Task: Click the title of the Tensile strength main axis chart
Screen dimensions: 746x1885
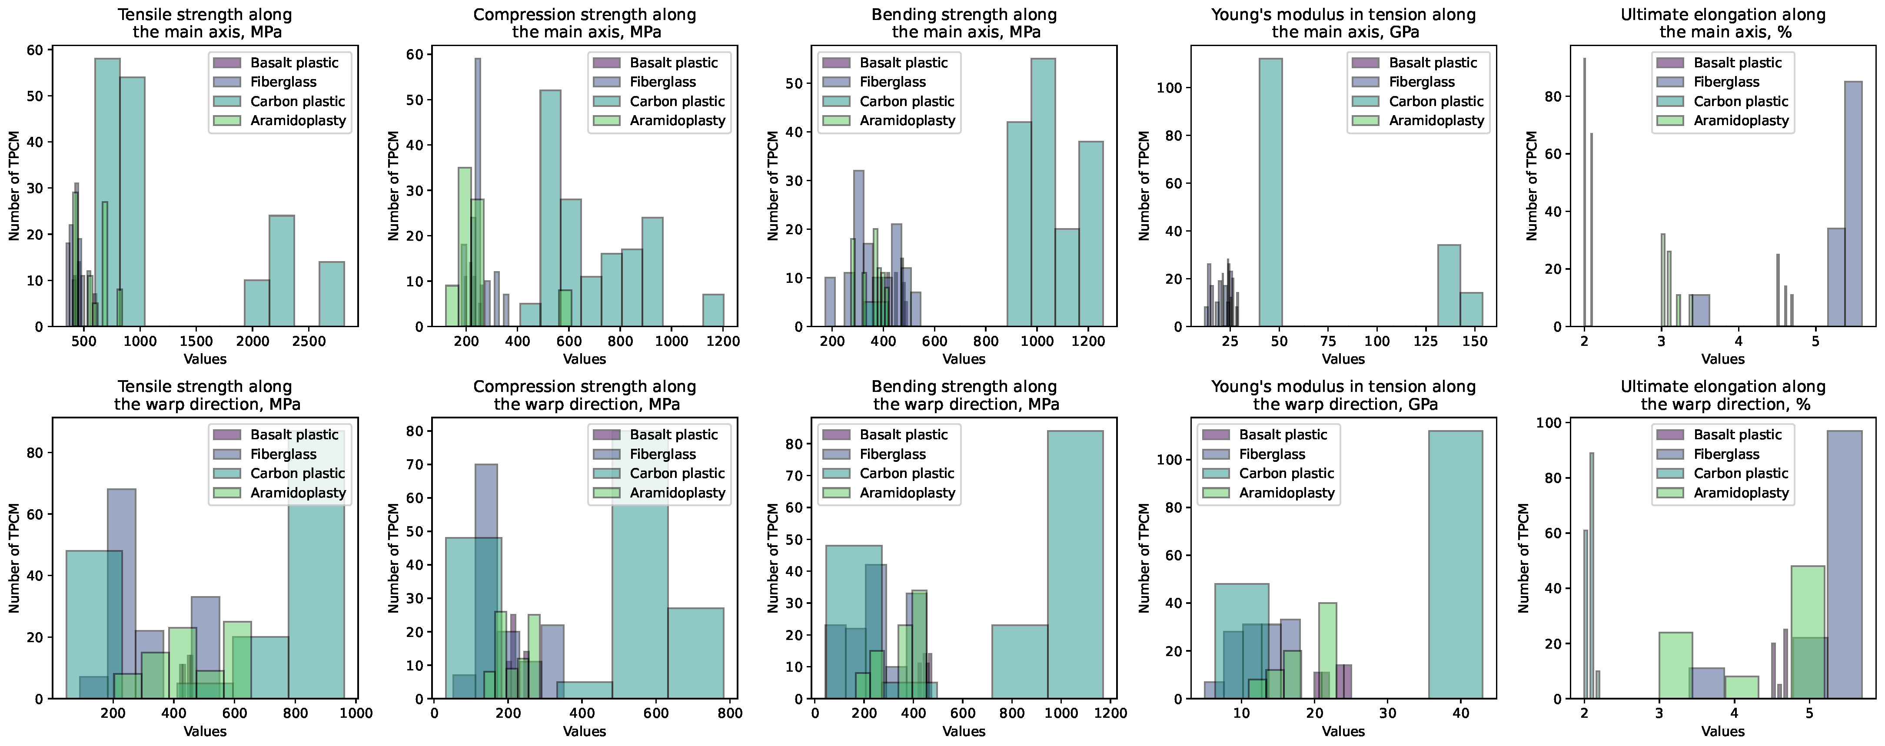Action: tap(204, 23)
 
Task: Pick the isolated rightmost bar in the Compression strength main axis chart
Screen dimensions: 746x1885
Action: tap(714, 310)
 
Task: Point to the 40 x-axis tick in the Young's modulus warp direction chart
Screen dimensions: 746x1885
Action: tap(1461, 713)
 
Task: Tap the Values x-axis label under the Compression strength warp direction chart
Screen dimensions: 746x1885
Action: tap(584, 731)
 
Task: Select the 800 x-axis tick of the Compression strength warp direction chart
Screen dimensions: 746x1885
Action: tap(730, 713)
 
